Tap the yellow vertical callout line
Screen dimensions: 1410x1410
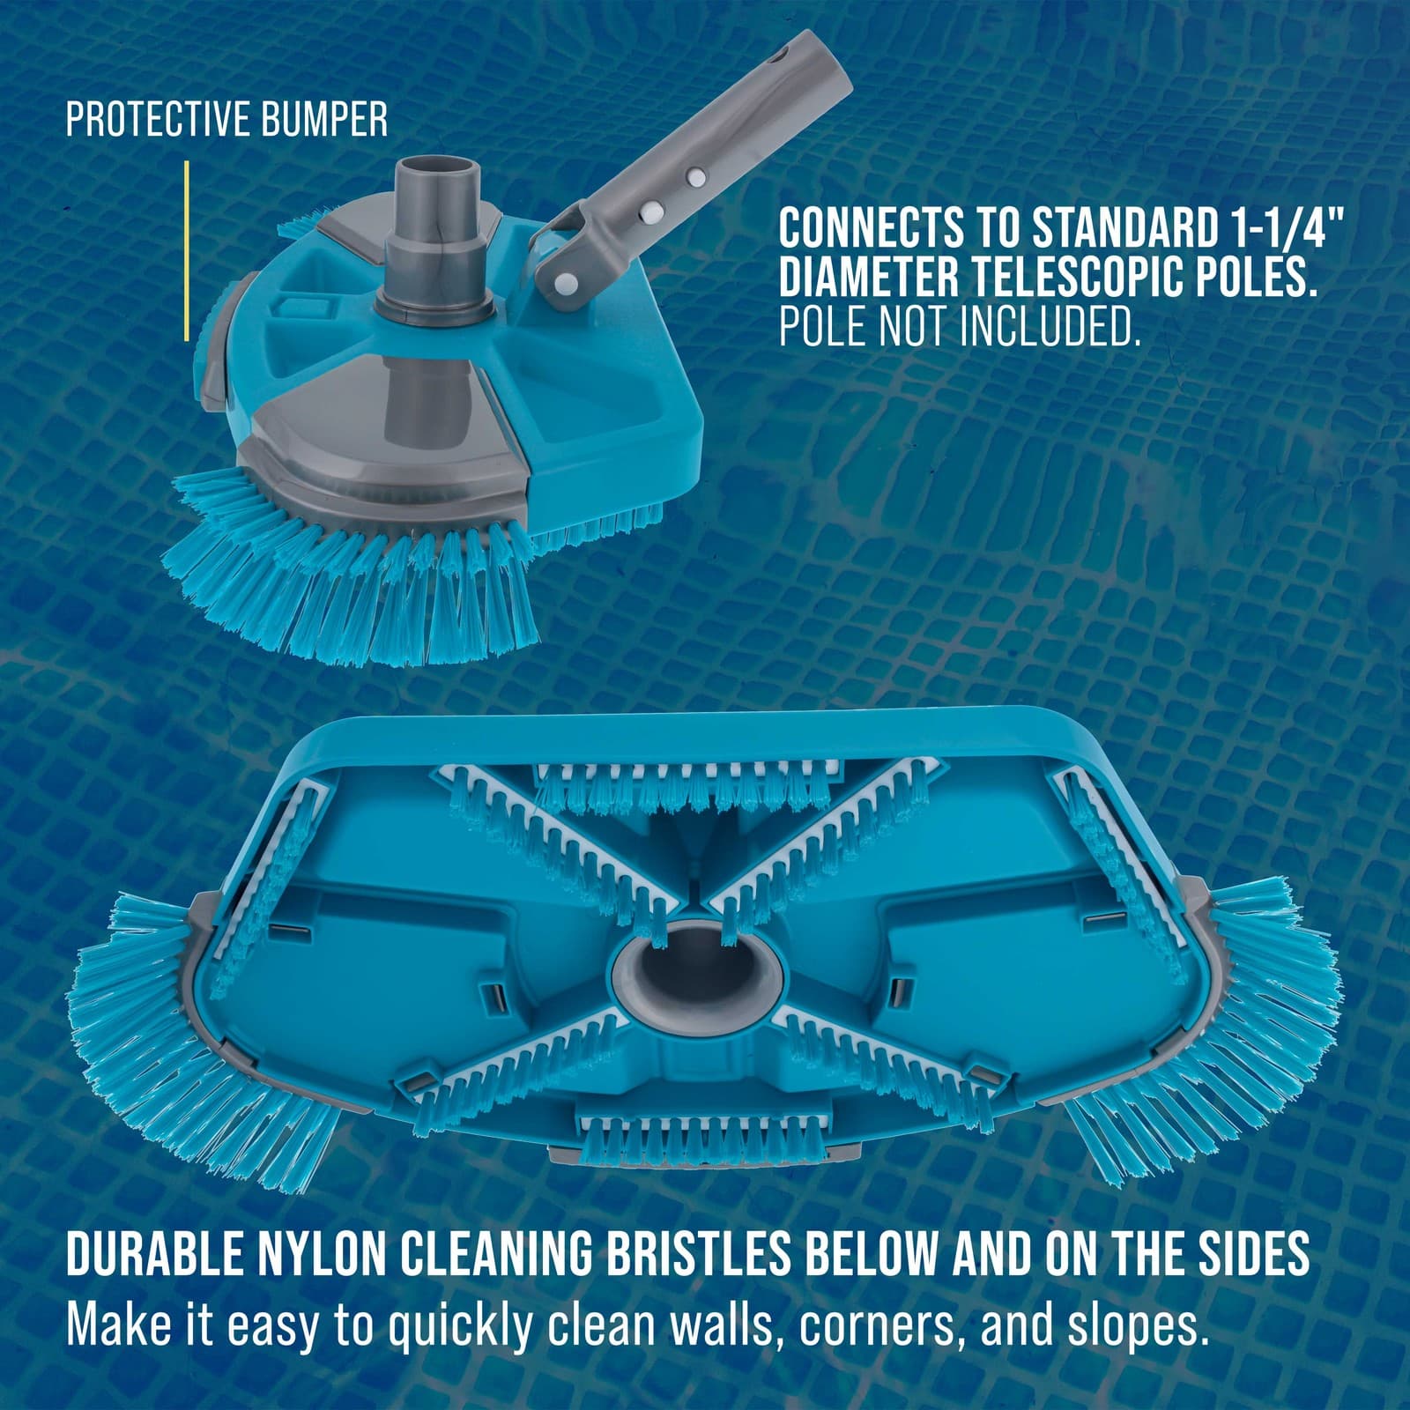[x=187, y=251]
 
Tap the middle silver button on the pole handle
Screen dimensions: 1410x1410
[x=653, y=210]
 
